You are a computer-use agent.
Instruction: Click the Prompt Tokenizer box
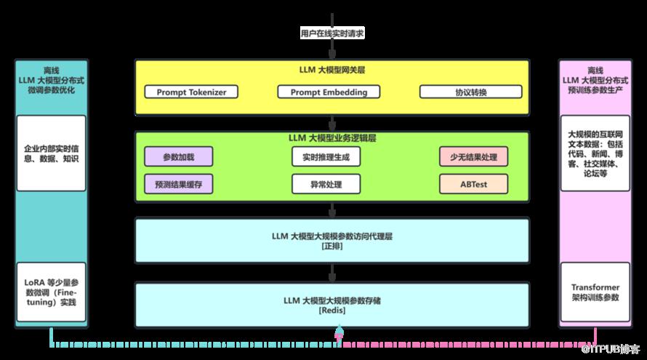(x=186, y=92)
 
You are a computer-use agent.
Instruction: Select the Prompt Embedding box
(x=329, y=92)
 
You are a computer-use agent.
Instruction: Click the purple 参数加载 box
(x=178, y=156)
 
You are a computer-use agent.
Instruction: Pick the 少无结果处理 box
(x=473, y=156)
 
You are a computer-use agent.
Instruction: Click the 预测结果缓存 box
(x=178, y=184)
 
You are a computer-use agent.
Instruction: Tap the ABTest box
(x=473, y=184)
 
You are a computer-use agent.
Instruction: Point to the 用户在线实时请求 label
(x=332, y=33)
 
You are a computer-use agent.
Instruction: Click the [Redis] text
(x=332, y=311)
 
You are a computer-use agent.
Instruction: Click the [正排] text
(x=332, y=247)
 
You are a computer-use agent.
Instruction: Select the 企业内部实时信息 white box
(x=51, y=153)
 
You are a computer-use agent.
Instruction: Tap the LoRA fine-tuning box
(x=51, y=292)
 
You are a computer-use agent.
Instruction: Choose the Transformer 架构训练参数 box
(x=595, y=292)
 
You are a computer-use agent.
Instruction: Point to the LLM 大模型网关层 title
(x=332, y=70)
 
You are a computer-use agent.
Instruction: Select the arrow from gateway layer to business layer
(x=332, y=123)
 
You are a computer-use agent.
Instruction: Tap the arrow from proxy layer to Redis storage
(x=332, y=272)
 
